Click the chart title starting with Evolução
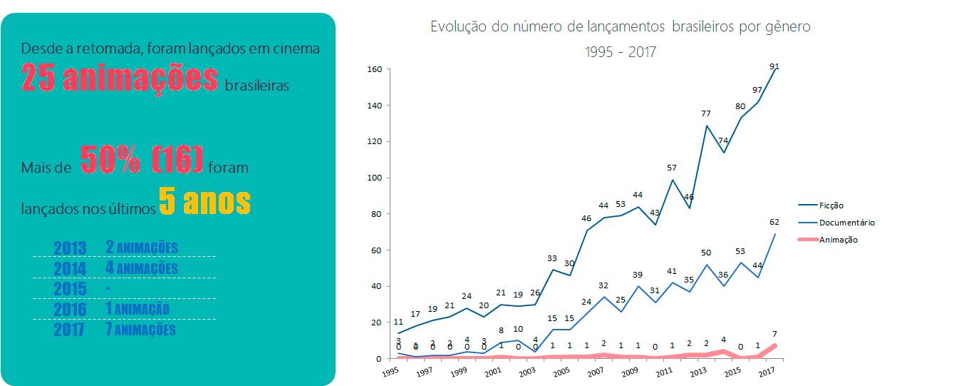click(x=620, y=27)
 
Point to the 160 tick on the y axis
click(x=375, y=69)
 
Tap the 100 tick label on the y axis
click(x=375, y=178)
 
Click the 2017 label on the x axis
click(x=767, y=372)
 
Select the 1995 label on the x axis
click(x=390, y=372)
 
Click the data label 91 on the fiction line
click(x=774, y=66)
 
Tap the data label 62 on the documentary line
click(x=774, y=222)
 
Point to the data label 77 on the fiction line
click(x=705, y=113)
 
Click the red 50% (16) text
click(x=141, y=161)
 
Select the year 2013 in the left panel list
click(x=70, y=248)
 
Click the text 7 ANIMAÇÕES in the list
click(x=140, y=330)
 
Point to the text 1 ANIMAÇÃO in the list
click(x=137, y=309)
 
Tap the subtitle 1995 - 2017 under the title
click(x=620, y=51)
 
